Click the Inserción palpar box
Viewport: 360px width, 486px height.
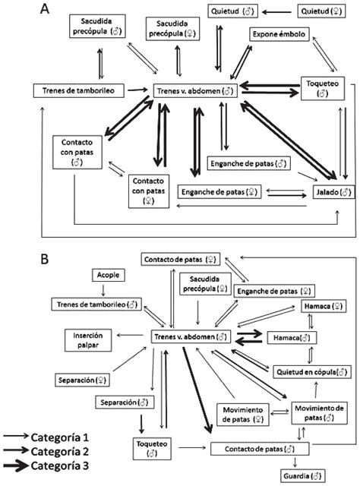(88, 339)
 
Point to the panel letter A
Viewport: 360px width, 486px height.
(46, 9)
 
